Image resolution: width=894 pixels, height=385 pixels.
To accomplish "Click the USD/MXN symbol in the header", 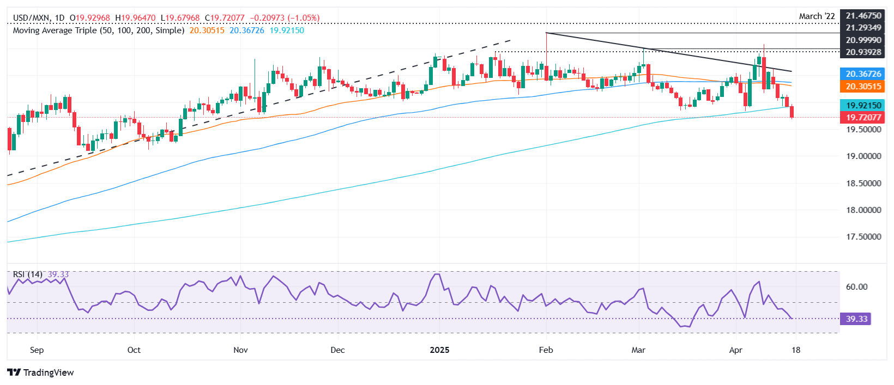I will pos(31,18).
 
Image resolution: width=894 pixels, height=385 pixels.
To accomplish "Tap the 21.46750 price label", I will pos(863,16).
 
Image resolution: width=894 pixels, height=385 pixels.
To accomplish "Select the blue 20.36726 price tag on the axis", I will pos(863,74).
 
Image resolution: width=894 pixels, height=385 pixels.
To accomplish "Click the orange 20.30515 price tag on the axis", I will pos(863,87).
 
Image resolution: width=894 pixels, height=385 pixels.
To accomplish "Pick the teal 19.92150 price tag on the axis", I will pos(863,105).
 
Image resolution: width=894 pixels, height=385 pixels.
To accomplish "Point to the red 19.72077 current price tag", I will pos(863,118).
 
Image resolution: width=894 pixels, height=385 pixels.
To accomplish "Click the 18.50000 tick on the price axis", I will pos(863,184).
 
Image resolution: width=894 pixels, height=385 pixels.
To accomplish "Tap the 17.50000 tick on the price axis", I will pos(863,237).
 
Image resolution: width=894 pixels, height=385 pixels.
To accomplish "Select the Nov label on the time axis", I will pos(240,350).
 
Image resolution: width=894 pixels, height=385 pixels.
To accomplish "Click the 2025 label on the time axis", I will pos(439,350).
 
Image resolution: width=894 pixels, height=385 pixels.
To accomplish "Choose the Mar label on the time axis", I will pos(638,350).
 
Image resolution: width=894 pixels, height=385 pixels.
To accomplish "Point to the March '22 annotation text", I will pos(817,16).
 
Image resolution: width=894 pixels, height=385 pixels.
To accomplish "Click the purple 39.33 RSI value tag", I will pos(856,319).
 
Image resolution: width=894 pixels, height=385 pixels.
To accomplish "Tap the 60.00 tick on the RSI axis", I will pos(856,287).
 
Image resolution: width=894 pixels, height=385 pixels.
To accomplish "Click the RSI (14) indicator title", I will pos(27,274).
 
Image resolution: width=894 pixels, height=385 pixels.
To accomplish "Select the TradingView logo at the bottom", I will pos(41,372).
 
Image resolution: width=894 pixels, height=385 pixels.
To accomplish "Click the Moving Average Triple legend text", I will pos(98,30).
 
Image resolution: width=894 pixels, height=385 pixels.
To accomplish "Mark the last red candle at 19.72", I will pos(792,112).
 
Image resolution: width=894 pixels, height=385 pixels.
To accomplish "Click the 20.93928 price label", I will pos(863,52).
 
